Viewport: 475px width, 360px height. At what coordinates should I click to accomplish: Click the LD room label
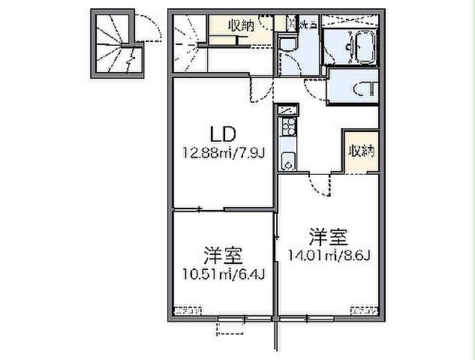point(223,135)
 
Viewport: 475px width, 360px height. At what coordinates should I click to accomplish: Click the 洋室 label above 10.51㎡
point(223,252)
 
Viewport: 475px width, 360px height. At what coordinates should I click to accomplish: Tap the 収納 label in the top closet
point(240,25)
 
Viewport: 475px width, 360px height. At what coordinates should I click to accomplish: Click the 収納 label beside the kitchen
point(360,151)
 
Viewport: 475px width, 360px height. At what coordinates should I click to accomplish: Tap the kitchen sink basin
point(287,160)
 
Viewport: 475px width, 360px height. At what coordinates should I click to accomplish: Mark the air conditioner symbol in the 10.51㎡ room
point(188,310)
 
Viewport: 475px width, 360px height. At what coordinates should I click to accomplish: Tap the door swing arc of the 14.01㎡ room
point(322,187)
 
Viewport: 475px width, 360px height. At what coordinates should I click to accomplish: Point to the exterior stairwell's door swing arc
point(147,28)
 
